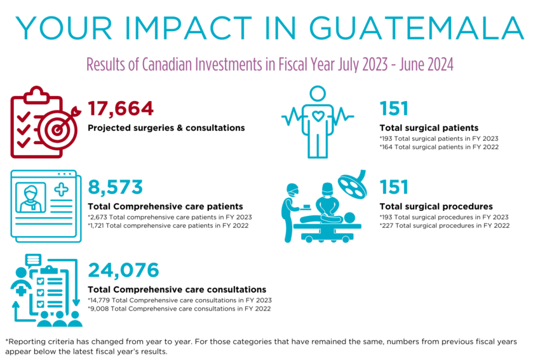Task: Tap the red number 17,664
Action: pos(121,109)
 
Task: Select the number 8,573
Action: pos(115,187)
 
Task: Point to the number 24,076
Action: pos(123,270)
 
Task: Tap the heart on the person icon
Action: pos(317,117)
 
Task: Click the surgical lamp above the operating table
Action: pos(350,183)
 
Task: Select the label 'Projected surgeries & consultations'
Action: pos(166,128)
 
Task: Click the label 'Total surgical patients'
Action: pos(429,127)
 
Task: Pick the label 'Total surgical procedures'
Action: pos(436,206)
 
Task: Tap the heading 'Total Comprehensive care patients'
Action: pos(165,206)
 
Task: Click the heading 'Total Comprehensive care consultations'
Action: pos(177,289)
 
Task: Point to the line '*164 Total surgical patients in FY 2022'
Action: pos(438,147)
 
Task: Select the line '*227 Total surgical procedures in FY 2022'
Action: pos(443,225)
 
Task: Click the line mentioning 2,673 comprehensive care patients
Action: pos(170,217)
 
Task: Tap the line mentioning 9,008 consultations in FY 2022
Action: pos(179,309)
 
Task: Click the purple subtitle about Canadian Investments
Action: pos(269,65)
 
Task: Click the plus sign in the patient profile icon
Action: pos(62,189)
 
